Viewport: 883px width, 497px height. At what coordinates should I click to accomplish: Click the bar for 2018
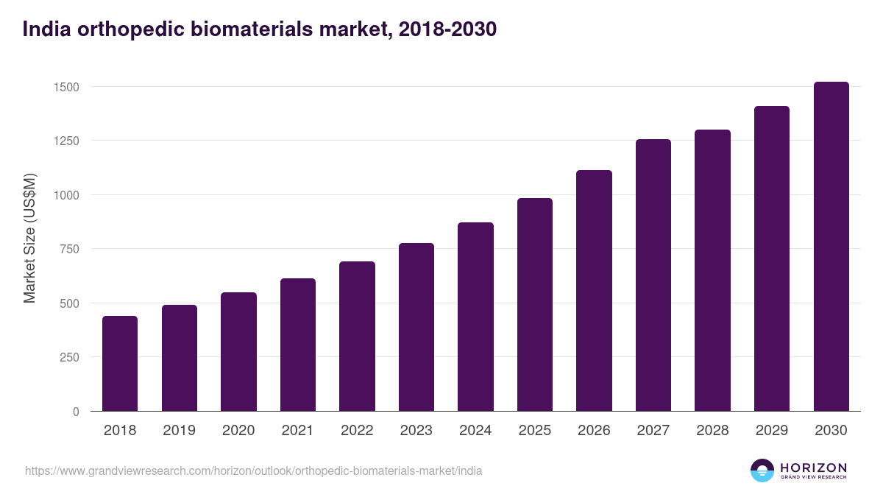pyautogui.click(x=120, y=364)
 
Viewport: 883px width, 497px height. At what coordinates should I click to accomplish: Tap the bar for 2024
pyautogui.click(x=475, y=317)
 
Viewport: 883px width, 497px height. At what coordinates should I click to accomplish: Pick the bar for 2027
pyautogui.click(x=653, y=275)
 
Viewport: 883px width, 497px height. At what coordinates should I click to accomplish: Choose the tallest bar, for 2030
pyautogui.click(x=831, y=247)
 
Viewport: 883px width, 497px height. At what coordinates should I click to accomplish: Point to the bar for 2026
pyautogui.click(x=594, y=291)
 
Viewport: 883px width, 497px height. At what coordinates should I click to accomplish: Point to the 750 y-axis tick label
pyautogui.click(x=67, y=249)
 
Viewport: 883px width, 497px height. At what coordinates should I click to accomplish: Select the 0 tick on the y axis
pyautogui.click(x=75, y=412)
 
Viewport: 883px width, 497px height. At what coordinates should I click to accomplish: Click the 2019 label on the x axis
pyautogui.click(x=180, y=431)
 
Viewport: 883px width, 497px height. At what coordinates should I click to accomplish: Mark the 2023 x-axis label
pyautogui.click(x=416, y=431)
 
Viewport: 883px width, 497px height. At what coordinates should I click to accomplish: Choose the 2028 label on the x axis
pyautogui.click(x=712, y=431)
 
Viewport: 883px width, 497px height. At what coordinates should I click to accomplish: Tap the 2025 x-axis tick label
pyautogui.click(x=535, y=431)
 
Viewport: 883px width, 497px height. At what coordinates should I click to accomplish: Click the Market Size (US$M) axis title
pyautogui.click(x=29, y=239)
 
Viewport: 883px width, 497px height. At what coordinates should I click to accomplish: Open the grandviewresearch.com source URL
pyautogui.click(x=254, y=470)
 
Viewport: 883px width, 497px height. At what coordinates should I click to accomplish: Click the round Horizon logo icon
pyautogui.click(x=762, y=470)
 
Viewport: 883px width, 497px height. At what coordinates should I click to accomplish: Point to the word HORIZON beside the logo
pyautogui.click(x=813, y=467)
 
